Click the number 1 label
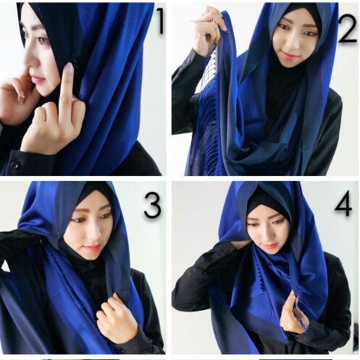[x=160, y=21]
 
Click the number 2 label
[x=347, y=28]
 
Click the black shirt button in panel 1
[x=15, y=165]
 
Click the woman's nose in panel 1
[x=31, y=62]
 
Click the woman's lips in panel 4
[x=267, y=246]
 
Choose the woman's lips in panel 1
[x=38, y=79]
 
